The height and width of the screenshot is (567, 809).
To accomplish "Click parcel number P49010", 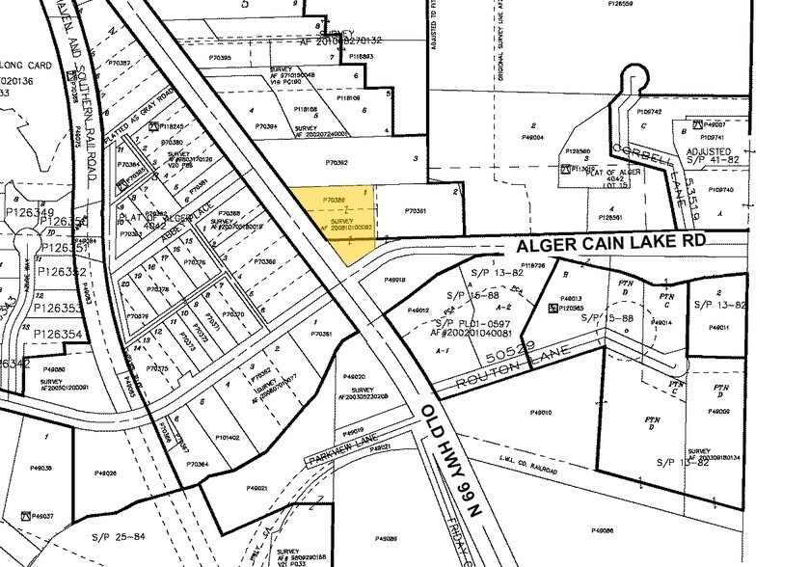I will [541, 413].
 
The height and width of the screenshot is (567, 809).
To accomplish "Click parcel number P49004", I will [532, 138].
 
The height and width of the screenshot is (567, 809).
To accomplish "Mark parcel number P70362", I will [337, 163].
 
